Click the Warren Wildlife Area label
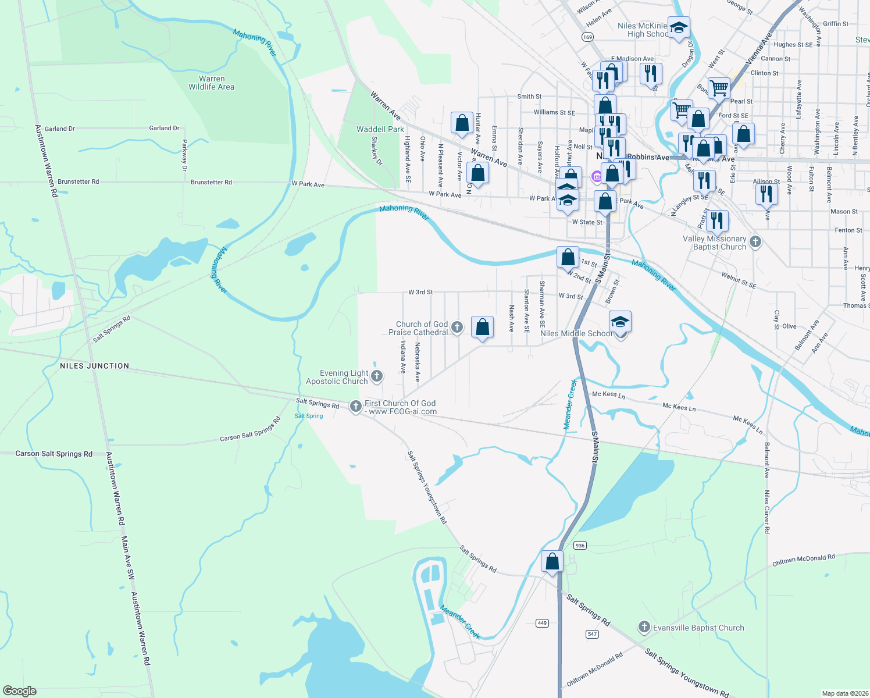(211, 83)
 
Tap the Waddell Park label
(380, 129)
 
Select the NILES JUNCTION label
(94, 366)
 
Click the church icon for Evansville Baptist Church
(644, 627)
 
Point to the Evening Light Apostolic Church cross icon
(377, 376)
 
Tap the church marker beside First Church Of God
(355, 406)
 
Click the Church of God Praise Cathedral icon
(457, 327)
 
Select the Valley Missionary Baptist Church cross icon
(755, 241)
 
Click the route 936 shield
(579, 545)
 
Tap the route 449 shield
(542, 623)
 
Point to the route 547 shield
(592, 633)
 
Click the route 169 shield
(587, 37)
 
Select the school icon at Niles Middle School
(620, 322)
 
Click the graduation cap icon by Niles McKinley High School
(679, 27)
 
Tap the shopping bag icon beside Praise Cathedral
(482, 327)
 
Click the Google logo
(19, 691)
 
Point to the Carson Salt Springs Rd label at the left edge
(54, 454)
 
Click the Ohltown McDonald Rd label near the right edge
(803, 560)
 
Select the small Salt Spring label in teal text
(309, 416)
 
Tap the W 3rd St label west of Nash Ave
(420, 292)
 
